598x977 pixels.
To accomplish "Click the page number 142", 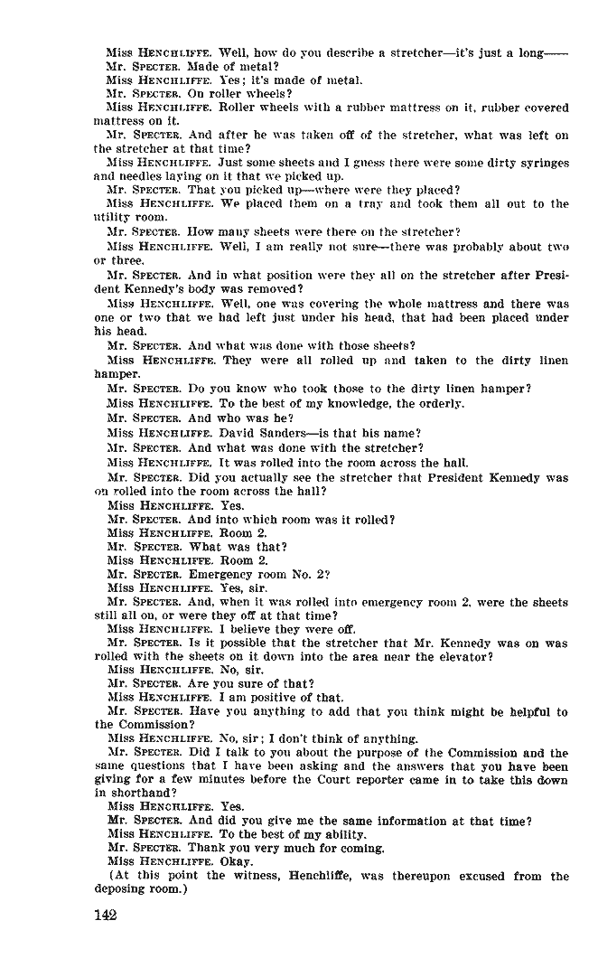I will tap(107, 916).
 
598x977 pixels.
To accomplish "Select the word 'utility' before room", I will tap(111, 218).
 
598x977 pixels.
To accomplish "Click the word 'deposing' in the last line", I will tap(123, 889).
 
